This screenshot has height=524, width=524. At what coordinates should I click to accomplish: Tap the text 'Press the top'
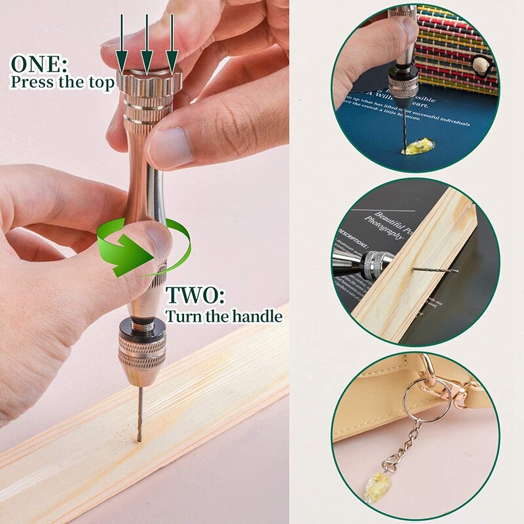pos(63,83)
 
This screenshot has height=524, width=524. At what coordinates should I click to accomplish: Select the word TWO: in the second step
pos(195,295)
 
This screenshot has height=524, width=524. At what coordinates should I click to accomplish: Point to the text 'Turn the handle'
pos(223,316)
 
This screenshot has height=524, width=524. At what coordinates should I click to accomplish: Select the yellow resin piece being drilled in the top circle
pos(419,146)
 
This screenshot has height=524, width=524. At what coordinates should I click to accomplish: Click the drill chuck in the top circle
pos(403,83)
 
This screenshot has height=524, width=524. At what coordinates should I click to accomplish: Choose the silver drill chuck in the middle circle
pos(376,265)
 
